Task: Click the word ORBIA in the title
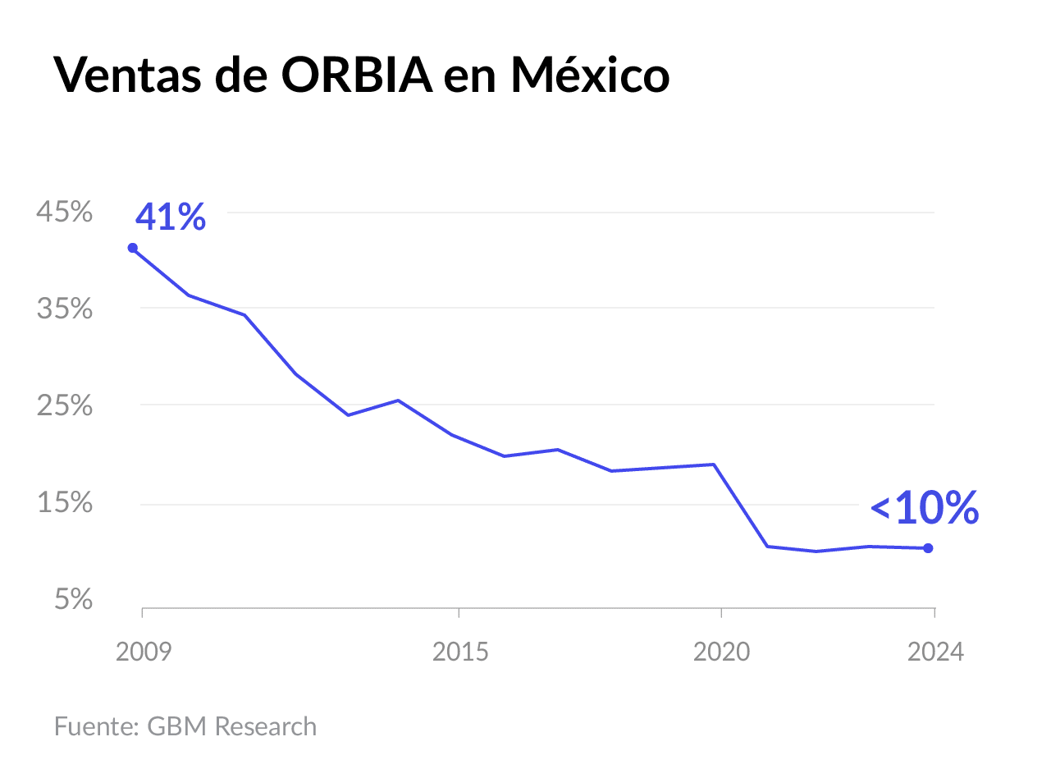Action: pyautogui.click(x=357, y=76)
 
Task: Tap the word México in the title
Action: pyautogui.click(x=589, y=76)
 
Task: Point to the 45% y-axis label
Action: pyautogui.click(x=64, y=213)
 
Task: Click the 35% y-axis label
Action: pyautogui.click(x=64, y=309)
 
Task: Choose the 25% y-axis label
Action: pyautogui.click(x=64, y=406)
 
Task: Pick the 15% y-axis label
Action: pyautogui.click(x=64, y=503)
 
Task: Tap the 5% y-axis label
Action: pyautogui.click(x=73, y=600)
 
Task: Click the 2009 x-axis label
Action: pyautogui.click(x=144, y=652)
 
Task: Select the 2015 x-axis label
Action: pyautogui.click(x=460, y=652)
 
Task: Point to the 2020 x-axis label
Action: pyautogui.click(x=722, y=652)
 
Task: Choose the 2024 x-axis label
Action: pyautogui.click(x=935, y=652)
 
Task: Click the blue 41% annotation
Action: pyautogui.click(x=171, y=217)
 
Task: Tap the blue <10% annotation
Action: pyautogui.click(x=925, y=509)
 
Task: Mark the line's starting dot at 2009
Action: pyautogui.click(x=133, y=248)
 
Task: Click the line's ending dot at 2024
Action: pyautogui.click(x=928, y=548)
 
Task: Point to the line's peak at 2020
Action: pyautogui.click(x=714, y=465)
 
